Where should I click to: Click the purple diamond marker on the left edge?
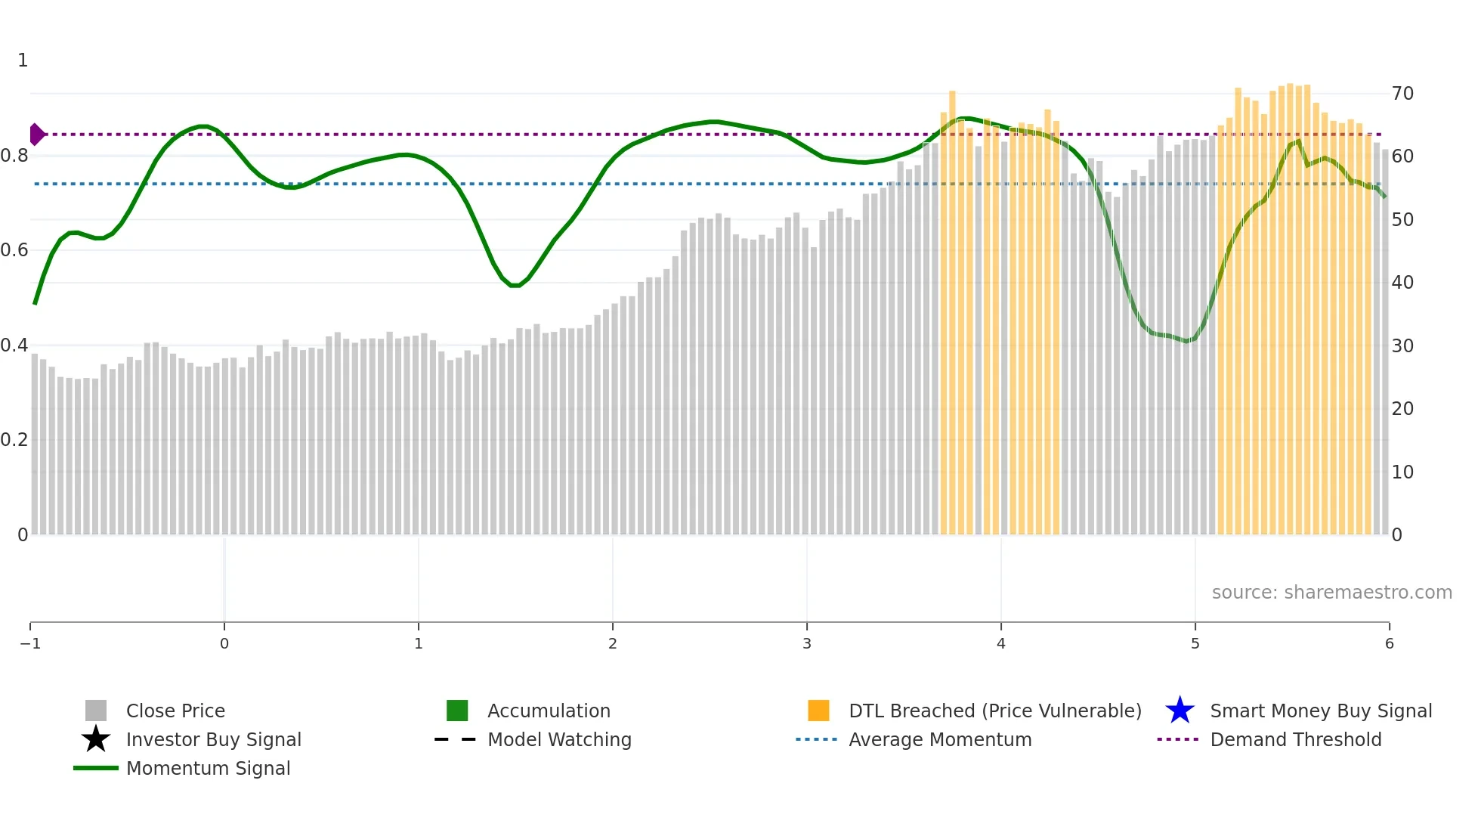tap(36, 135)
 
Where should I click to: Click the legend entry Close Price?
tap(175, 711)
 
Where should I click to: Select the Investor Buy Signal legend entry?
tap(213, 739)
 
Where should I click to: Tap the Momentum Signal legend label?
tap(208, 768)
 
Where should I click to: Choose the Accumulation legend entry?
tap(549, 711)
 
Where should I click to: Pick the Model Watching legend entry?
tap(559, 739)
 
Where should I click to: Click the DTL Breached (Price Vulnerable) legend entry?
tap(994, 711)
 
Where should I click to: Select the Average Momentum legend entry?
tap(940, 739)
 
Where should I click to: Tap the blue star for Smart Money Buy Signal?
tap(1180, 711)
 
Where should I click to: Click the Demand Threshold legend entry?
tap(1295, 739)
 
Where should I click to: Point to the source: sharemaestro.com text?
tap(1331, 592)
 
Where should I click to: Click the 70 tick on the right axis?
tap(1402, 94)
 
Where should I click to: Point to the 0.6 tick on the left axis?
tap(14, 250)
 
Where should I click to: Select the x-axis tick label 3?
tap(807, 643)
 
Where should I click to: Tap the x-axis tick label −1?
tap(30, 643)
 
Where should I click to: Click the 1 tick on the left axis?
tap(23, 60)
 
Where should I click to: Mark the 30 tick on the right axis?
tap(1402, 346)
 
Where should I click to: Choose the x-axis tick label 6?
tap(1389, 643)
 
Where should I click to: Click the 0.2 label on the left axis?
tap(14, 440)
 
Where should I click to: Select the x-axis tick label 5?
tap(1195, 643)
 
